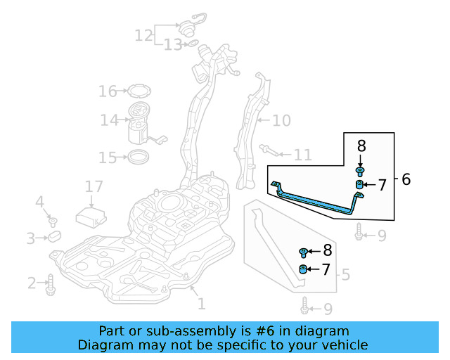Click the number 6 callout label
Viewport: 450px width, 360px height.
(x=406, y=179)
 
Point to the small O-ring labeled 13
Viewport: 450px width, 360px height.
(x=193, y=44)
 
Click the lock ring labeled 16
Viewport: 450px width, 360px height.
(x=139, y=91)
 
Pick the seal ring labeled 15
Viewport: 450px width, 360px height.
(x=139, y=157)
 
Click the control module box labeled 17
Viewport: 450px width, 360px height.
(x=91, y=217)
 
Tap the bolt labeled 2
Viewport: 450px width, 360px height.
(x=51, y=285)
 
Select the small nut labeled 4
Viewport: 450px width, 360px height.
(x=53, y=222)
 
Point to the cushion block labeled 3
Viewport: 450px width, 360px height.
(x=55, y=236)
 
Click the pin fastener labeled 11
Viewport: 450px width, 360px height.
(x=269, y=150)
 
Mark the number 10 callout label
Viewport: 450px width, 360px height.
(x=281, y=120)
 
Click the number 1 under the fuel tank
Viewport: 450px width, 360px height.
(x=202, y=304)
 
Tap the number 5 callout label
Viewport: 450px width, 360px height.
(x=345, y=275)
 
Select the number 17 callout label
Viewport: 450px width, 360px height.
(x=94, y=186)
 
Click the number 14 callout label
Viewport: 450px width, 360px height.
(x=110, y=120)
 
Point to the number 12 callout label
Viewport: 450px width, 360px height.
(x=143, y=36)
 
